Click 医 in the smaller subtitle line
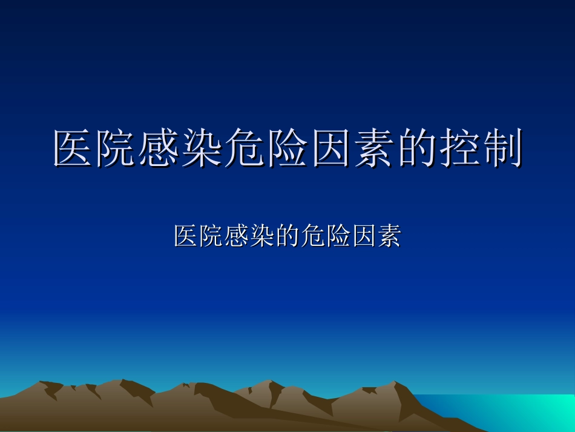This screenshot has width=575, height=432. [x=186, y=236]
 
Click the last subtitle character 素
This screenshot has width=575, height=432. [x=389, y=236]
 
